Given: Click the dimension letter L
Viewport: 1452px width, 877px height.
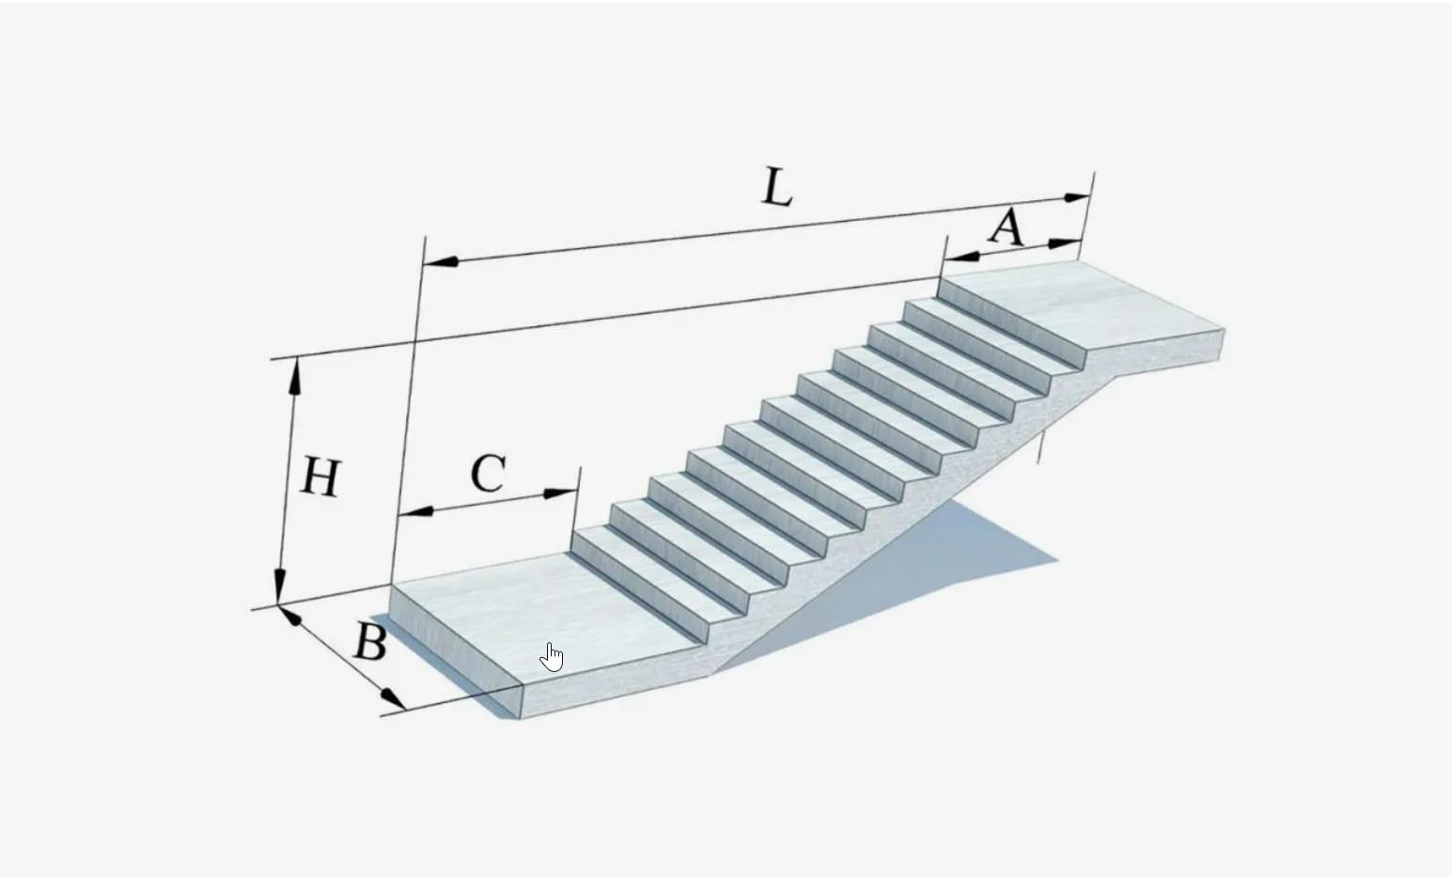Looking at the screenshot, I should [x=777, y=187].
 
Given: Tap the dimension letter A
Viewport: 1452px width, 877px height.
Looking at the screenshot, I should [x=1007, y=227].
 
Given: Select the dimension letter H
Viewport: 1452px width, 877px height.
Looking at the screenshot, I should [x=320, y=478].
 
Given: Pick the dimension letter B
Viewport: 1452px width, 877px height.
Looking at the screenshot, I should [x=370, y=643].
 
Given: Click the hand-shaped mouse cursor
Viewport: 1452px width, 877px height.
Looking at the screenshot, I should [x=552, y=657].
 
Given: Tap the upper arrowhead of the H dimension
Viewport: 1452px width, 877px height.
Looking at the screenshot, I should [x=295, y=375].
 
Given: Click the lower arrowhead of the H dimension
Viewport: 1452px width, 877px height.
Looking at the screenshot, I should [x=280, y=587].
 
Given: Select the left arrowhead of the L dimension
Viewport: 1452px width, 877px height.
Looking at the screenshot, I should [x=442, y=260].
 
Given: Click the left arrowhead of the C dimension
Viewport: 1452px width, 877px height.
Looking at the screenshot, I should [x=416, y=512].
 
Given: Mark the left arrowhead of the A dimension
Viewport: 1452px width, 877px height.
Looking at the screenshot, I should [x=961, y=255].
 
